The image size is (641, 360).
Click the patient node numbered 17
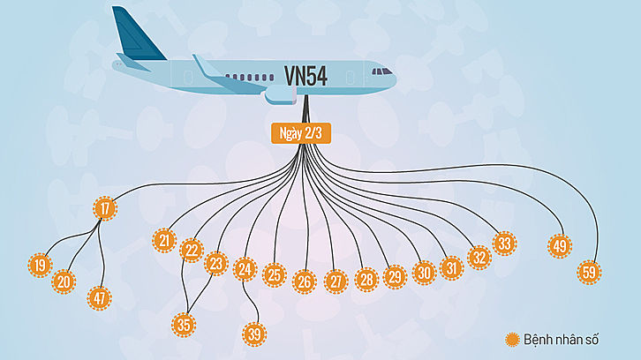coord(104,209)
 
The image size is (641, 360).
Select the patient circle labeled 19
coord(39,265)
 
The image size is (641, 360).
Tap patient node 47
coord(99,297)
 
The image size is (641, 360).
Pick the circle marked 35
coord(184,324)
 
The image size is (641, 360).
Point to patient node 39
coord(254,334)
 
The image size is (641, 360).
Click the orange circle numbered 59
coord(589,272)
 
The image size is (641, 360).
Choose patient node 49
coord(559,246)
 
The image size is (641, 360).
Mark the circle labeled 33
coord(504,243)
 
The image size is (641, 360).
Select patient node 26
coord(304,281)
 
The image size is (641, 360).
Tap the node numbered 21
coord(163,240)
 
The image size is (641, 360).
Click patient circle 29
coord(394,277)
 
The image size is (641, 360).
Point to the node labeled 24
coord(245,270)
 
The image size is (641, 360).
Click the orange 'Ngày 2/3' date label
coord(305,133)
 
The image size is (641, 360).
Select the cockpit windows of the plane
coord(381,71)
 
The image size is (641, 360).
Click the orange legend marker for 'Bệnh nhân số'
coord(511,340)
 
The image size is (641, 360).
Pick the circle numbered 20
coord(64,281)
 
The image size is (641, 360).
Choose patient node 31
coord(451,267)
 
